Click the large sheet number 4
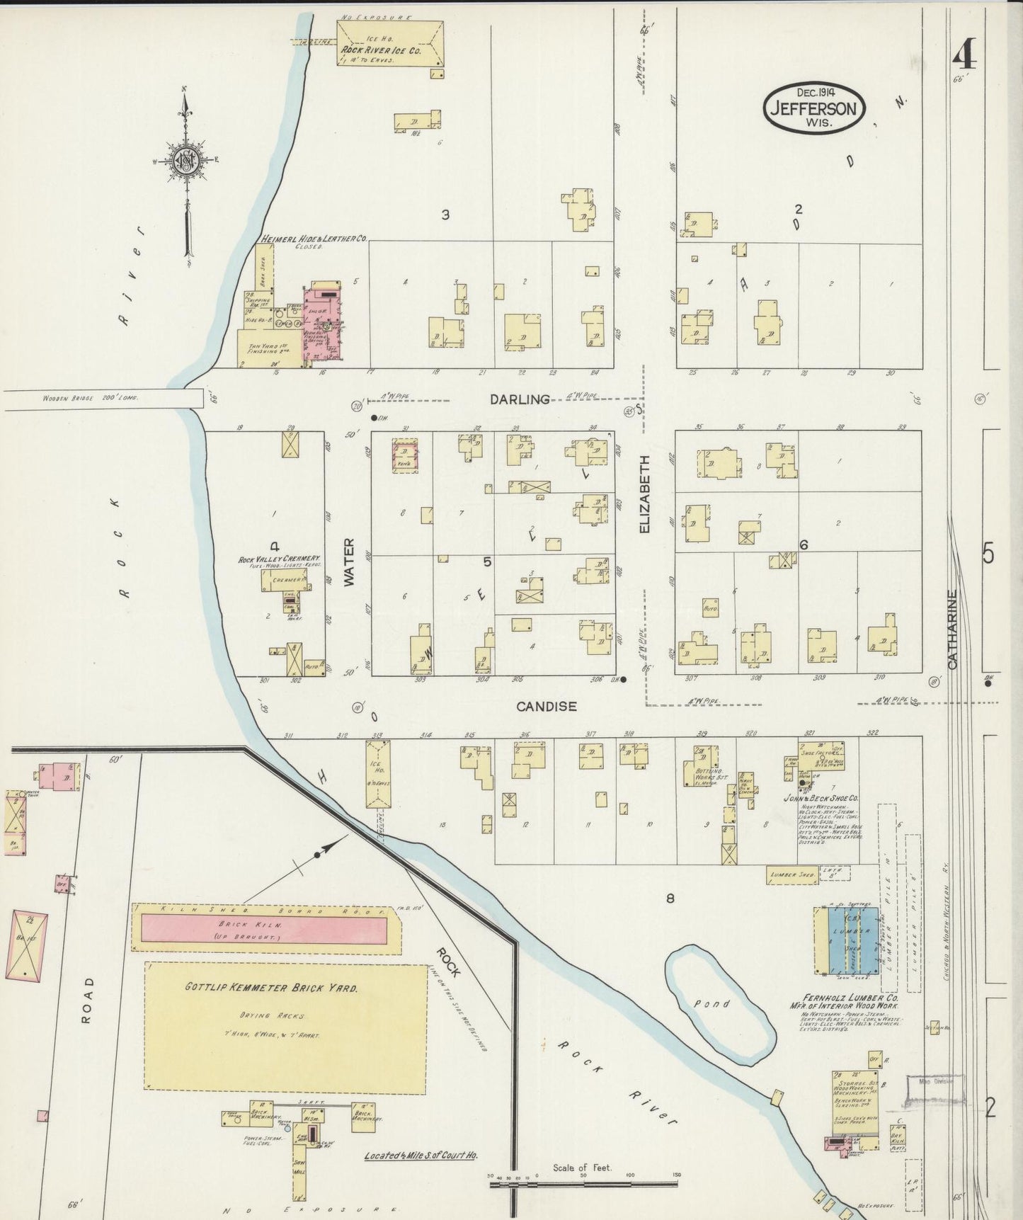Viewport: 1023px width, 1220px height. [964, 53]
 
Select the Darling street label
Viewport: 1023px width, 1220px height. [520, 399]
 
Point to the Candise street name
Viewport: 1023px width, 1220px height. [546, 706]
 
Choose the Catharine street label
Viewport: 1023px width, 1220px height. [952, 629]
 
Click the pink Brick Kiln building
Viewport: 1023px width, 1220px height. [264, 928]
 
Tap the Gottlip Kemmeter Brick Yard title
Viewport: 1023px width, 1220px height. [271, 987]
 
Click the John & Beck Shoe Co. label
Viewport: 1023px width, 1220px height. [821, 796]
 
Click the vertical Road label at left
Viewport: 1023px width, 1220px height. [87, 1000]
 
